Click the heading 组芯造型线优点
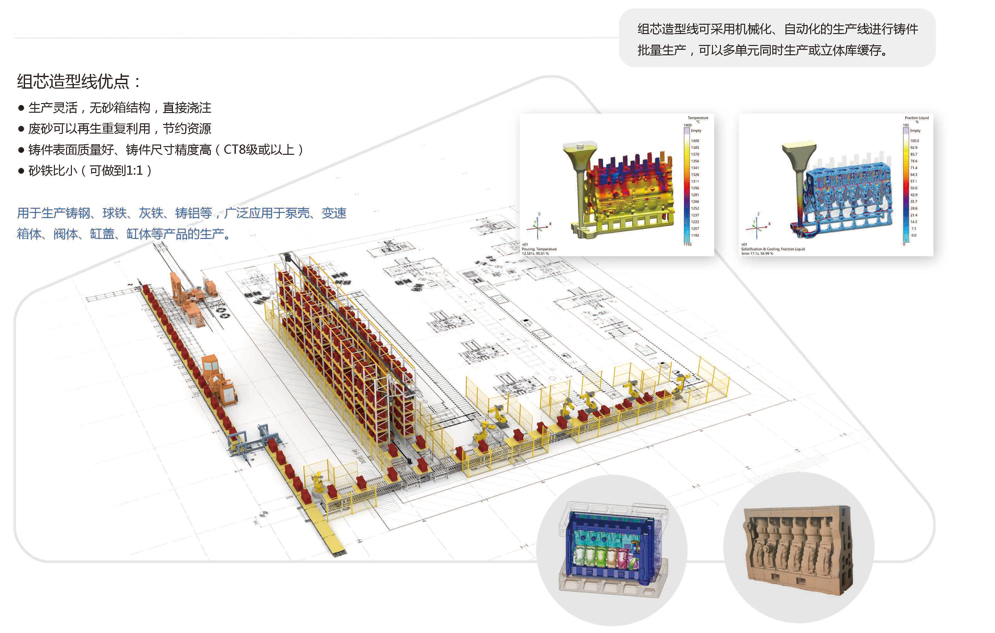[73, 82]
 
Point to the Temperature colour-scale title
[698, 118]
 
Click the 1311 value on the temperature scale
[695, 181]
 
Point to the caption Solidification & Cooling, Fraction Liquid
[773, 249]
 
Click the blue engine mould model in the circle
[612, 546]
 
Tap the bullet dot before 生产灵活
[21, 108]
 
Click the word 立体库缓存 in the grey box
[851, 50]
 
